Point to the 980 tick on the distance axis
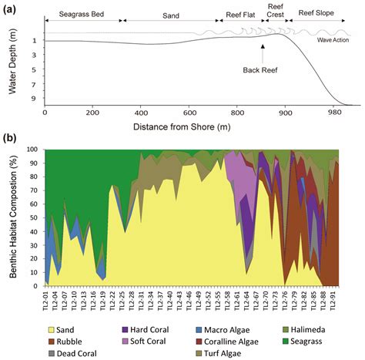[x=337, y=112]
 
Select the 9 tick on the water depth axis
[x=35, y=99]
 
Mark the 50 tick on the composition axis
[x=35, y=217]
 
